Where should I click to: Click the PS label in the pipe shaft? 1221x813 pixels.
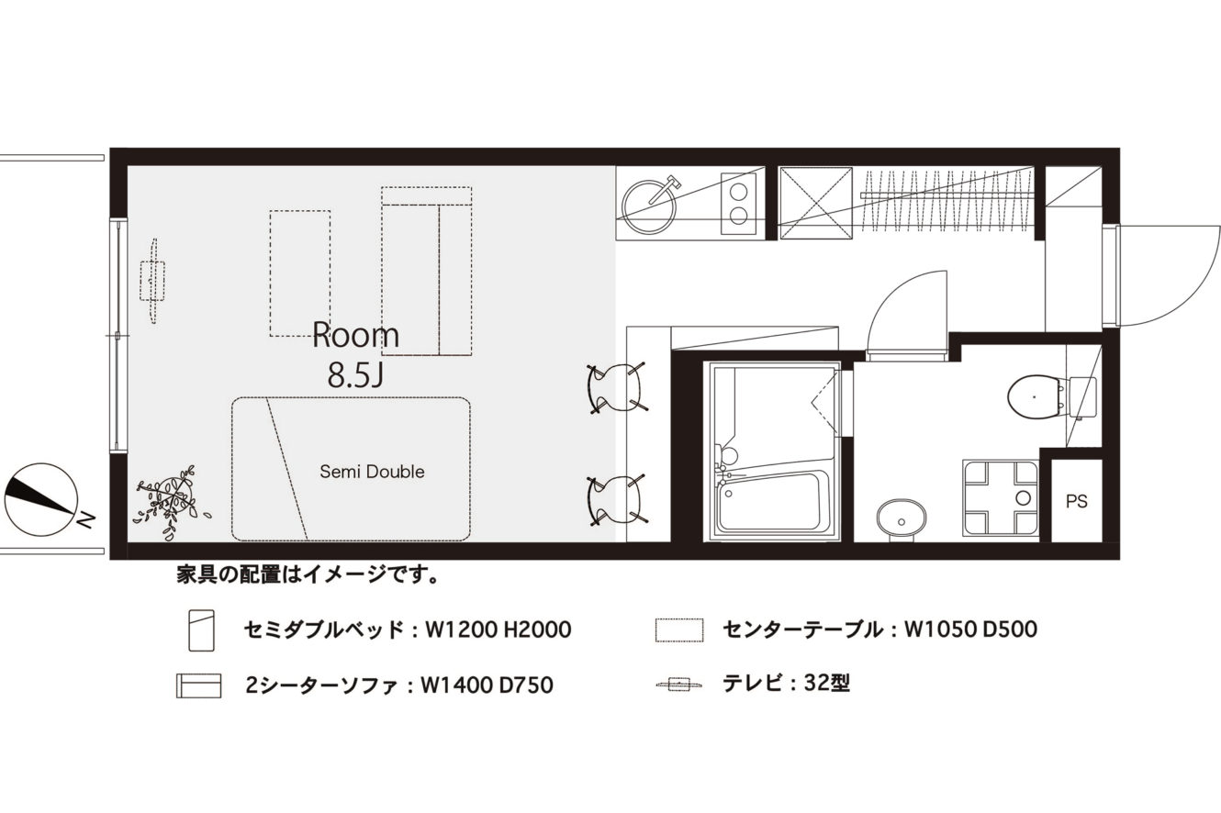click(x=1077, y=501)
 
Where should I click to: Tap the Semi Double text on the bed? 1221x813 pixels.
click(x=372, y=472)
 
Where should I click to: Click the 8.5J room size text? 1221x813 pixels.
click(x=356, y=375)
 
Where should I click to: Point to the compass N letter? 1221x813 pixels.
click(x=86, y=520)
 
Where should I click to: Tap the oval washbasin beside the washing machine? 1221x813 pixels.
click(x=902, y=518)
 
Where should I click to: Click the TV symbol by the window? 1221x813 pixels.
click(x=152, y=281)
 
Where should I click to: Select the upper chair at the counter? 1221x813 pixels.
click(x=616, y=388)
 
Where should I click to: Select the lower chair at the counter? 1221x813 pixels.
click(x=616, y=500)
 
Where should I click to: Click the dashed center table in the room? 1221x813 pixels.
click(x=300, y=273)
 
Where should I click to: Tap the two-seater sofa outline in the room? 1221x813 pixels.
click(x=426, y=272)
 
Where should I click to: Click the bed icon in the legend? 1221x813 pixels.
click(x=201, y=630)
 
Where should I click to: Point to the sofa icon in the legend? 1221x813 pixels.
click(x=198, y=685)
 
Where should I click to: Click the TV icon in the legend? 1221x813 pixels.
click(x=678, y=684)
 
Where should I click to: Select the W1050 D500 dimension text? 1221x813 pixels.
click(x=970, y=629)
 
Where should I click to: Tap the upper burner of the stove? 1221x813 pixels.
click(x=739, y=191)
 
